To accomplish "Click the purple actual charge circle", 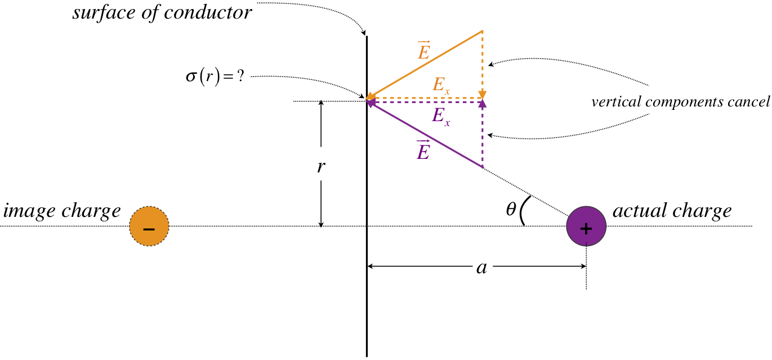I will click(586, 227).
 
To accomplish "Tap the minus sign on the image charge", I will click(149, 229).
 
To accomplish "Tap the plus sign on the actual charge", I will click(586, 229).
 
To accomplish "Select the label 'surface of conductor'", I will click(162, 12).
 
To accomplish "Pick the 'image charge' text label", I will click(62, 211).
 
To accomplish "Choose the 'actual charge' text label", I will click(672, 211).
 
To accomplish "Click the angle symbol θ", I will click(511, 210).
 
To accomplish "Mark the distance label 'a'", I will click(481, 268).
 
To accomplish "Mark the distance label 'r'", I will click(321, 166).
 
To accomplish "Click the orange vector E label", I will click(423, 51).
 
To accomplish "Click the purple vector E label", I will click(423, 150).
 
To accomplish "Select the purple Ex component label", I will click(441, 115).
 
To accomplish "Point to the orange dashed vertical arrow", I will click(482, 65).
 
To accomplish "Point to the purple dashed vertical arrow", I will click(482, 135).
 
